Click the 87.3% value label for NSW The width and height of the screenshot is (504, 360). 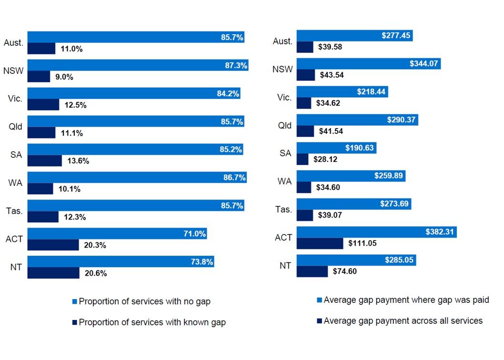(x=236, y=66)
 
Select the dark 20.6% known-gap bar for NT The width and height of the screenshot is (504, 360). (x=53, y=273)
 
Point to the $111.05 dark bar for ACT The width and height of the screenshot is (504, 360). (x=320, y=243)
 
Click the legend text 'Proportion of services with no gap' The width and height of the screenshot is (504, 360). (x=144, y=301)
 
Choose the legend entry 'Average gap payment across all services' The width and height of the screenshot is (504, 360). (x=403, y=321)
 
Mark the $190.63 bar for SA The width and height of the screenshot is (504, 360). (x=336, y=148)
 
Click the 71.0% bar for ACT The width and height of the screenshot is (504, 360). (x=117, y=234)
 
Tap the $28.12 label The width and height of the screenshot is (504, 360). (x=325, y=160)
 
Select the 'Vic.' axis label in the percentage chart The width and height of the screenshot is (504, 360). (x=14, y=99)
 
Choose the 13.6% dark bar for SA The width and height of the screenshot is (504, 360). (x=45, y=161)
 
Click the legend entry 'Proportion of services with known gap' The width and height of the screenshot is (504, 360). (x=152, y=322)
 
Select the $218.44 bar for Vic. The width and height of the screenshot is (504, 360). (x=342, y=92)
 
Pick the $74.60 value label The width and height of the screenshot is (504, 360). (x=344, y=271)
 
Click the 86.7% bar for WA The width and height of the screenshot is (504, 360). (x=137, y=178)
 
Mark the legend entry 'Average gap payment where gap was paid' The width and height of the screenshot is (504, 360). (x=406, y=300)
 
